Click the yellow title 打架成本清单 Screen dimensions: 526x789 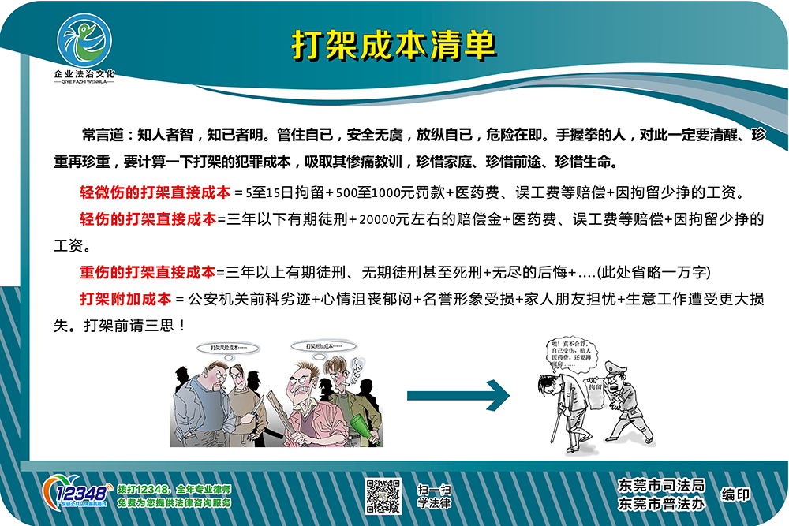(x=394, y=45)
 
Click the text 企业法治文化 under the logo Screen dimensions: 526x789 (x=84, y=73)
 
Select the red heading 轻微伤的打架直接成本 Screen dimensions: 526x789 (x=155, y=191)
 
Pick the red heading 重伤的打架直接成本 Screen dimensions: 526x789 (x=148, y=272)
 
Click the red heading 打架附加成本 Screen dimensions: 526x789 (x=125, y=299)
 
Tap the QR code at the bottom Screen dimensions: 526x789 (x=383, y=496)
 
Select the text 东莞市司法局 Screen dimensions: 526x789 (x=661, y=485)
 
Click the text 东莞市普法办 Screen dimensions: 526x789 (x=661, y=503)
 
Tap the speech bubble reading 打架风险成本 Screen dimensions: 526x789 (x=229, y=348)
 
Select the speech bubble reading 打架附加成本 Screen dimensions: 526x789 (x=323, y=346)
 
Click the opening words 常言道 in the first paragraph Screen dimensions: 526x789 (x=103, y=134)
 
